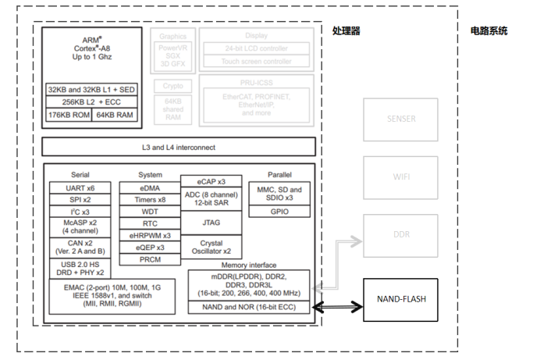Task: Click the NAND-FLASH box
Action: (402, 298)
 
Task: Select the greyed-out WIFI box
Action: (402, 176)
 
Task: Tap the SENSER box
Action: (402, 119)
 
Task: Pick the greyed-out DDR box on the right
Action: (402, 234)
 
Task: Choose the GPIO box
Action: (279, 211)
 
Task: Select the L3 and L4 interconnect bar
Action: (179, 147)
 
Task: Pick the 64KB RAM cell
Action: (115, 115)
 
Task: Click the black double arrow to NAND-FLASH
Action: (339, 308)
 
